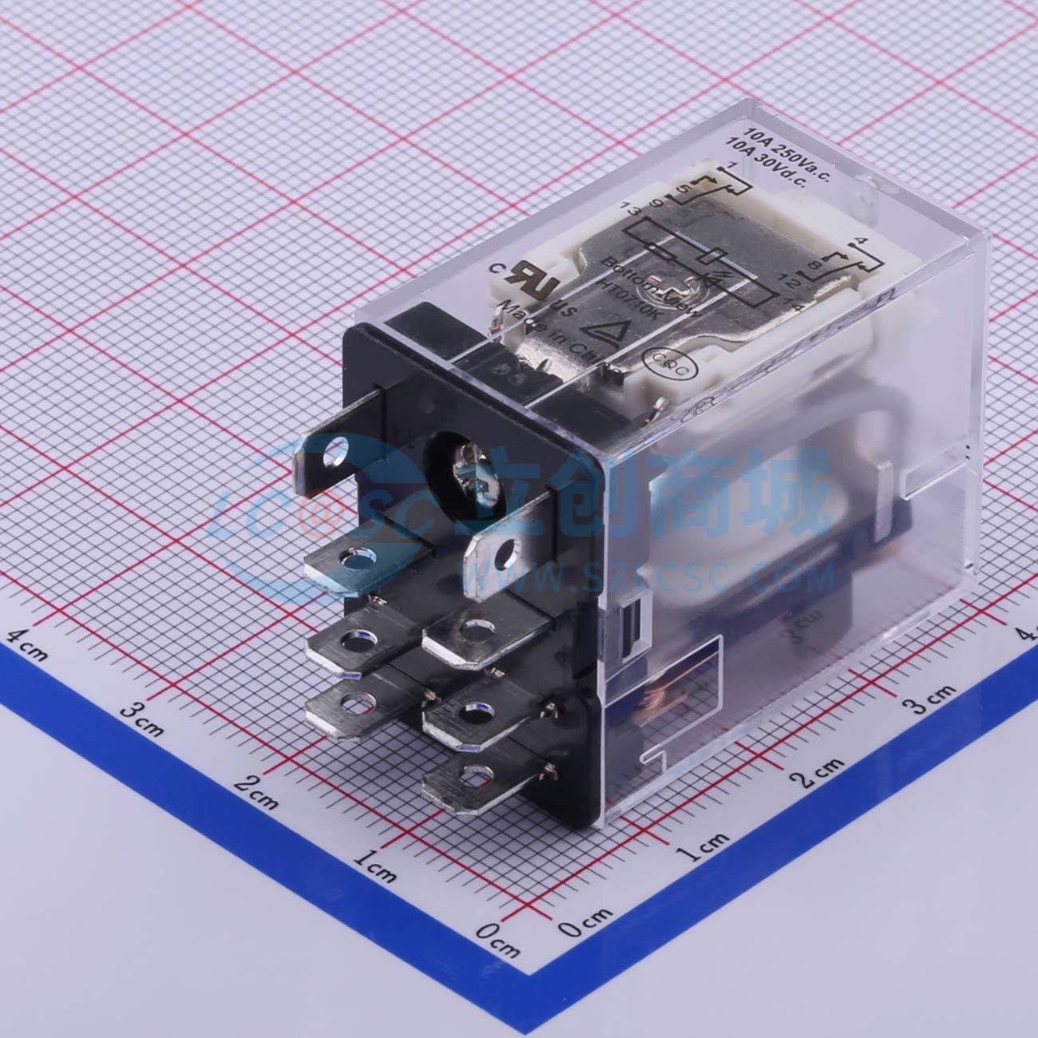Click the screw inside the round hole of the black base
466,462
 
